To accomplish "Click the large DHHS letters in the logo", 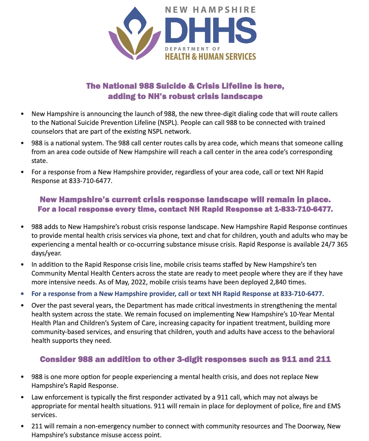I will [211, 31].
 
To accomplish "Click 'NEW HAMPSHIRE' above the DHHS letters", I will [211, 10].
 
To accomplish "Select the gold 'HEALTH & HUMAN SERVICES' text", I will [211, 57].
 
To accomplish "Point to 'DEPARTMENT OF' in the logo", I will [192, 49].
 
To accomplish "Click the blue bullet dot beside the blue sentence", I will [22, 294].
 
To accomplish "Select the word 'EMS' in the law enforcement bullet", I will [334, 406].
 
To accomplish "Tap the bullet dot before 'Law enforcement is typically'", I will [22, 397].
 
